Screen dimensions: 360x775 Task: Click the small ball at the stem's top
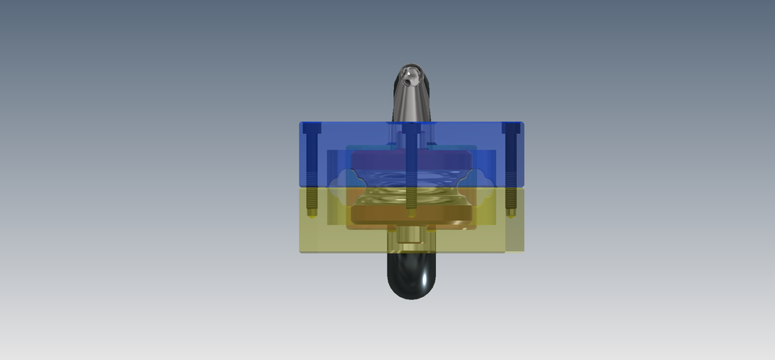pyautogui.click(x=412, y=77)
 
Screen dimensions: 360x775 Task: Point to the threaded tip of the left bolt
pyautogui.click(x=312, y=211)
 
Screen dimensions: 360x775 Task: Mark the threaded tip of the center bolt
pyautogui.click(x=412, y=211)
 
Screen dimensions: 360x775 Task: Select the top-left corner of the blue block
pyautogui.click(x=301, y=123)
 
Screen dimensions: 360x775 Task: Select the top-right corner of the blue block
pyautogui.click(x=522, y=123)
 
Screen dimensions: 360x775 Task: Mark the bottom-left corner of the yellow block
pyautogui.click(x=301, y=251)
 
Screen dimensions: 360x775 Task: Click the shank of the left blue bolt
pyautogui.click(x=312, y=161)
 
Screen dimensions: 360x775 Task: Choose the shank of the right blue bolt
pyautogui.click(x=511, y=161)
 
